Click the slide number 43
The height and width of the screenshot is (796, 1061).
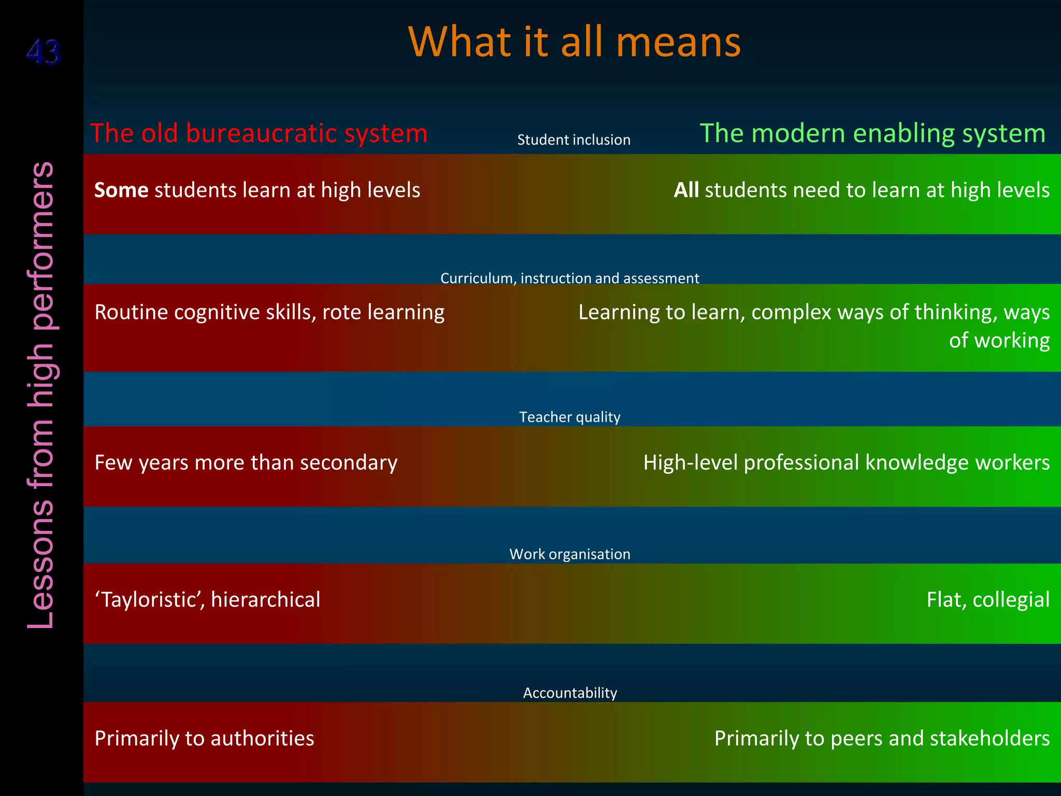click(x=44, y=52)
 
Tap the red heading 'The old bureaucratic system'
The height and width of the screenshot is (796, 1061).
click(x=259, y=133)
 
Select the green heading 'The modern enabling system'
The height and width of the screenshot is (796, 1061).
click(x=872, y=133)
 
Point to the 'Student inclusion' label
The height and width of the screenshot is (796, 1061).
click(x=573, y=140)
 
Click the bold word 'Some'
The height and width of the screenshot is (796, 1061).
click(x=121, y=190)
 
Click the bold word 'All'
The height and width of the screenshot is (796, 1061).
click(x=686, y=190)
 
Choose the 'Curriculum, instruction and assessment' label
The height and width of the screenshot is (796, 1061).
click(x=569, y=278)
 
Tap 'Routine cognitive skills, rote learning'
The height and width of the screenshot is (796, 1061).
click(x=269, y=312)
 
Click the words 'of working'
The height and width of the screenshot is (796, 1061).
click(x=999, y=340)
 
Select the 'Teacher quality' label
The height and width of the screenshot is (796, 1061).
click(x=569, y=417)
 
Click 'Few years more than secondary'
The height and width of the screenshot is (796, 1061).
click(x=246, y=463)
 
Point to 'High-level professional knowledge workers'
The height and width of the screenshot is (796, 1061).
click(x=846, y=463)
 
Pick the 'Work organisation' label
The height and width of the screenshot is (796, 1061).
click(x=569, y=554)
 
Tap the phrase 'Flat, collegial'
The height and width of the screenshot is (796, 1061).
click(x=987, y=600)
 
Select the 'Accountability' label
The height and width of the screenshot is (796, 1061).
click(x=570, y=693)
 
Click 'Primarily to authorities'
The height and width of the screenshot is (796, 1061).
click(x=204, y=738)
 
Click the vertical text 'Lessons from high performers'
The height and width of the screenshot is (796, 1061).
click(x=41, y=395)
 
